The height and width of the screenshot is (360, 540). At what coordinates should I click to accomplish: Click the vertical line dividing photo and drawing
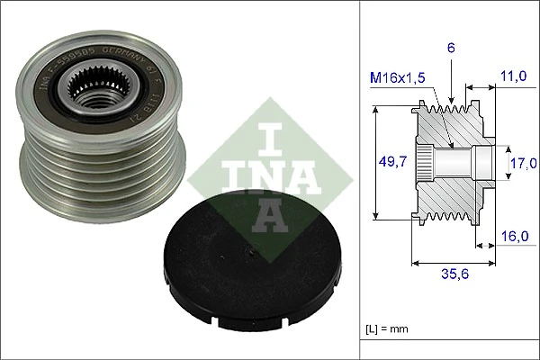(361, 180)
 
